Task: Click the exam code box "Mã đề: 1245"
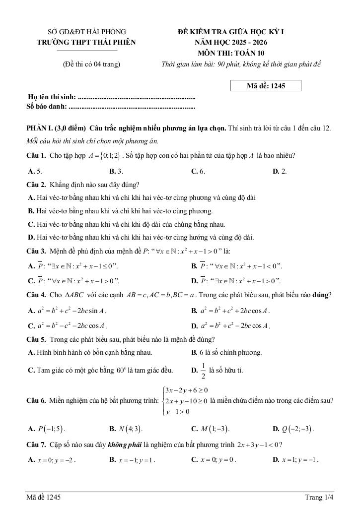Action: point(266,86)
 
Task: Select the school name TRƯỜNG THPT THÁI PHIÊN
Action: point(86,42)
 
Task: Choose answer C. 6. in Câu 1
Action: point(198,171)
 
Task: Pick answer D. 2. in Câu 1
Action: point(280,171)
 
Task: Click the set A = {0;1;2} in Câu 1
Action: point(105,156)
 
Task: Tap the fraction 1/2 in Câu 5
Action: point(203,370)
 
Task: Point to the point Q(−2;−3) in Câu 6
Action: point(293,429)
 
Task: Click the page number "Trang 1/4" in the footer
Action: point(319,497)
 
